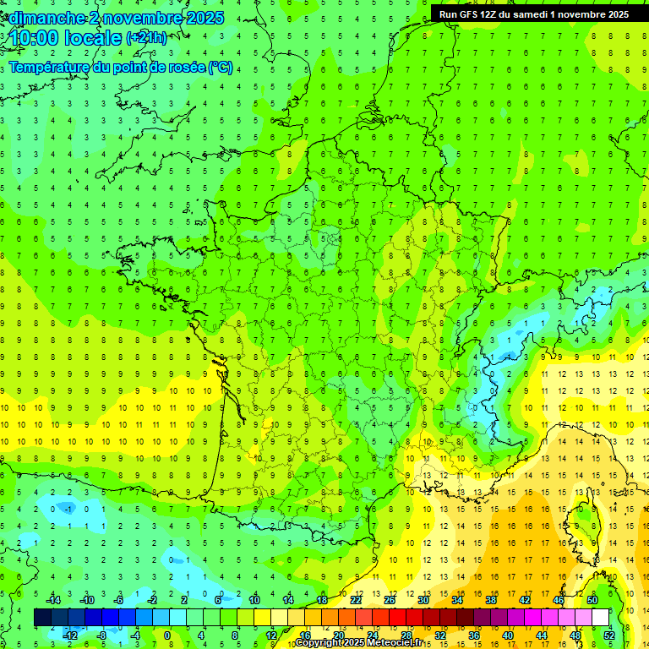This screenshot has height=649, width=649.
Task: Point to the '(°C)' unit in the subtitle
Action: coord(221,68)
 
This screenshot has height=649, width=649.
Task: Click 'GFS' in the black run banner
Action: coord(470,14)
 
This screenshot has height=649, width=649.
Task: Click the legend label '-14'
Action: coord(52,600)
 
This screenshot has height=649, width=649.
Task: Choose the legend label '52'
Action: coord(609,635)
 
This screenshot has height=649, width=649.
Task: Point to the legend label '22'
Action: coord(356,600)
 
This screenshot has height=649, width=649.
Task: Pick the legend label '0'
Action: coord(166,635)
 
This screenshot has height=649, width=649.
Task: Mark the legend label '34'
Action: coord(457,600)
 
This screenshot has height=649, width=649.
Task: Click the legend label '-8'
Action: coord(101,635)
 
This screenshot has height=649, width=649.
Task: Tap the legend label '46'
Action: coord(559,600)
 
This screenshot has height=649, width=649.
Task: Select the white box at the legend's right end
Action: coord(601,618)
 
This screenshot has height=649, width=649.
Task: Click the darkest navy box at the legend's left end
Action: coord(42,618)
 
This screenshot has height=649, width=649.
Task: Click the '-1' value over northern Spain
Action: coord(68,509)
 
